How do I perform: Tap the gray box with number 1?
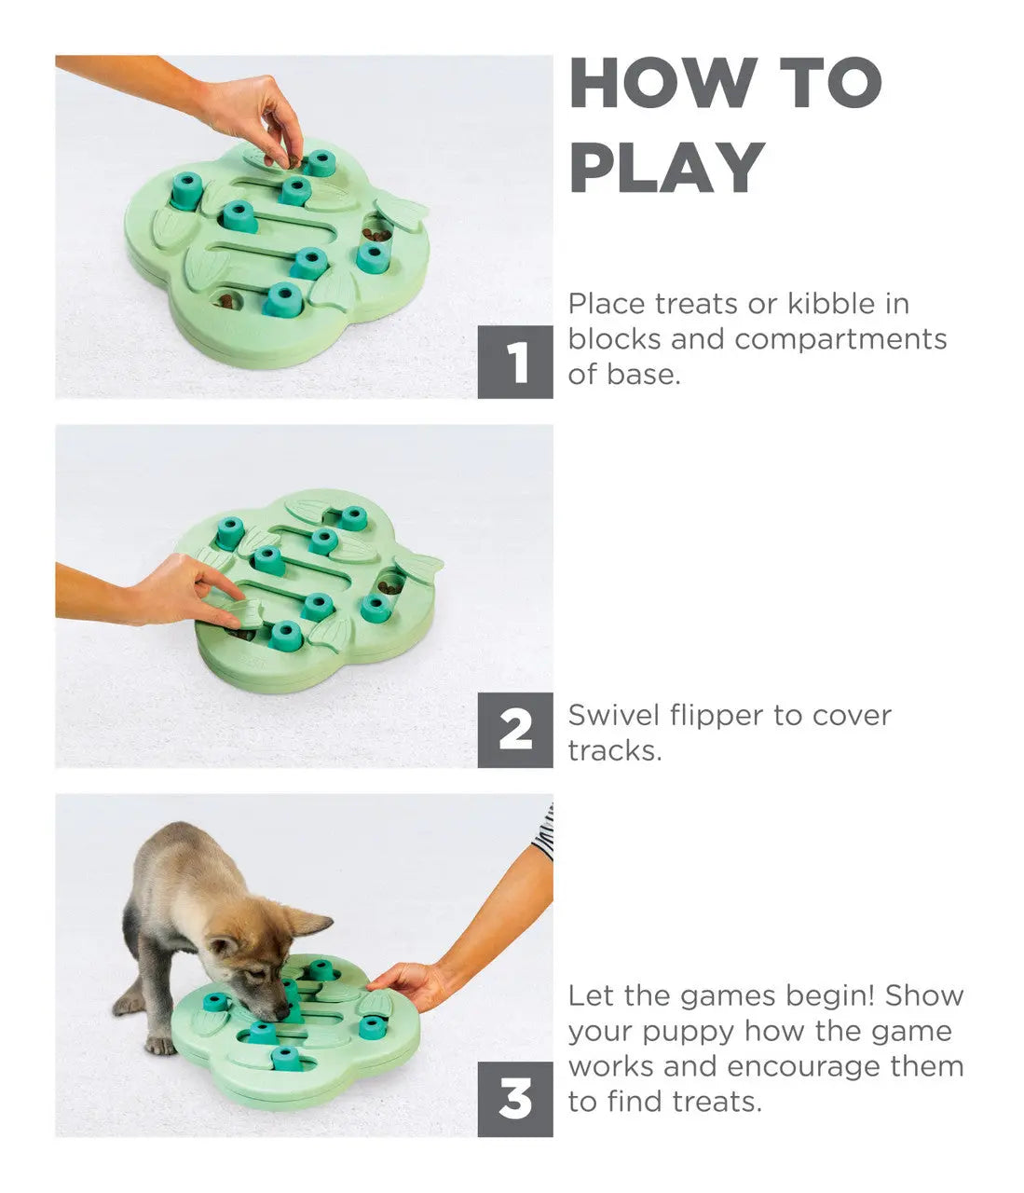[515, 362]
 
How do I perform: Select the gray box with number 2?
[515, 730]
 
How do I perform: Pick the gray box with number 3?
[515, 1099]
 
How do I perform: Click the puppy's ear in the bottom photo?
[307, 925]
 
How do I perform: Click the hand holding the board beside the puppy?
[411, 983]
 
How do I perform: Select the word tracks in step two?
[614, 751]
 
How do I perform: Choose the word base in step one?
[642, 375]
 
